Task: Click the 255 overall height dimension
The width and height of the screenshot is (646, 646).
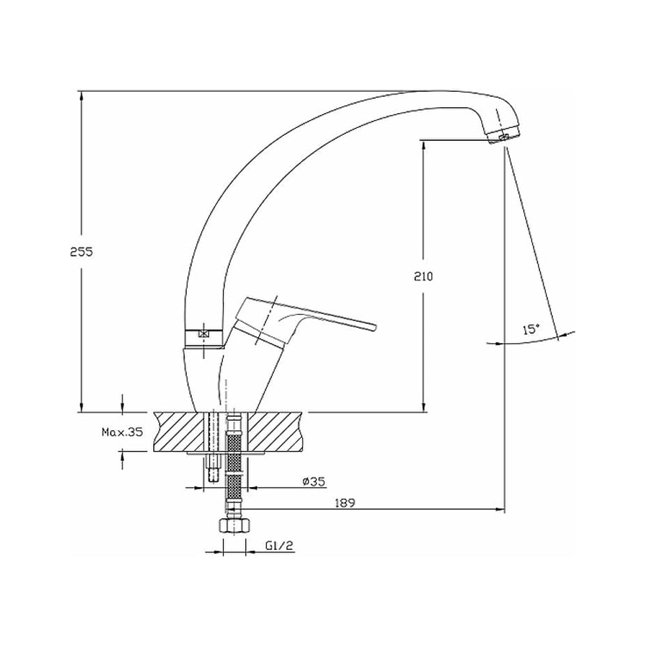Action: [x=81, y=252]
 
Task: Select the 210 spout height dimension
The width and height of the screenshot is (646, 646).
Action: [x=424, y=276]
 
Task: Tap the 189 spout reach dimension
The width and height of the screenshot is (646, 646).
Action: [x=345, y=503]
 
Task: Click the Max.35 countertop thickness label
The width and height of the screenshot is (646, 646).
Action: [x=122, y=432]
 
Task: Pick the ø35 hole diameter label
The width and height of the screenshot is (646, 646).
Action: [x=314, y=481]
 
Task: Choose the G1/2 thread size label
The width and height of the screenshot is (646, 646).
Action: [x=279, y=546]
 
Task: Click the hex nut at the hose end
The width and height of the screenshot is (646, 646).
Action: [x=234, y=526]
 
